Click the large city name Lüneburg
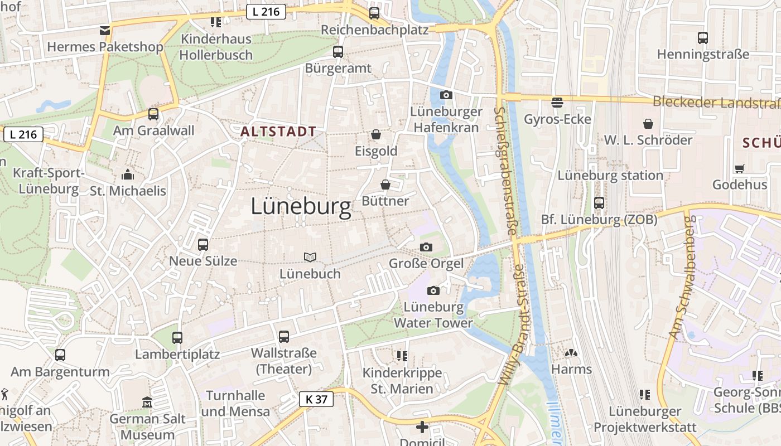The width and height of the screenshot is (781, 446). (x=301, y=207)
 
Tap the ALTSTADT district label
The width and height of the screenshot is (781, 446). (x=278, y=132)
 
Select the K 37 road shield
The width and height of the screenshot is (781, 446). (x=316, y=399)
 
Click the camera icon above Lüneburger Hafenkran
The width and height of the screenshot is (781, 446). (x=446, y=95)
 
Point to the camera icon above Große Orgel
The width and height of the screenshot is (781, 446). (x=426, y=247)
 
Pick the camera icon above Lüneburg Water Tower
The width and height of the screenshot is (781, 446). (x=433, y=290)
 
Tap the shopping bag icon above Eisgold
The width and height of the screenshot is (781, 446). (x=376, y=135)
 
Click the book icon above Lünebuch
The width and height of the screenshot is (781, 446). (x=310, y=257)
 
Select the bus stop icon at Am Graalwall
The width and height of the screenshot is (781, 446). (x=153, y=114)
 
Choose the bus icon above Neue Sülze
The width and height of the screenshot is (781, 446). (x=203, y=244)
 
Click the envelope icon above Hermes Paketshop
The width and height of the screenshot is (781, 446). (x=105, y=30)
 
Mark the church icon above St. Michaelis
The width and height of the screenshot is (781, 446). (x=128, y=174)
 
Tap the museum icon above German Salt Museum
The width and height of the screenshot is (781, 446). (x=147, y=402)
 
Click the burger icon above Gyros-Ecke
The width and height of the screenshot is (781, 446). (x=557, y=102)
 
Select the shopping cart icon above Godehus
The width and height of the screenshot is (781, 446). (x=740, y=168)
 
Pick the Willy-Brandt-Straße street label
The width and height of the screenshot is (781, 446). (x=513, y=325)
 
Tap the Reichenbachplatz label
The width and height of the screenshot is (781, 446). (x=375, y=30)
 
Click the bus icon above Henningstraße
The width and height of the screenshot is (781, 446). (x=703, y=38)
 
